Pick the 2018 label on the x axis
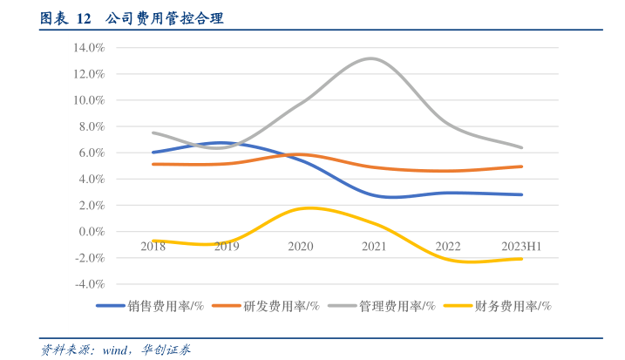pyautogui.click(x=153, y=247)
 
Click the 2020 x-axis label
pyautogui.click(x=301, y=247)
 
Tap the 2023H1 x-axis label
pyautogui.click(x=522, y=247)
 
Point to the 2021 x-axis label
pyautogui.click(x=374, y=247)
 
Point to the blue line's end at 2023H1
pyautogui.click(x=522, y=194)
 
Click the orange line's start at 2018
pyautogui.click(x=153, y=164)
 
